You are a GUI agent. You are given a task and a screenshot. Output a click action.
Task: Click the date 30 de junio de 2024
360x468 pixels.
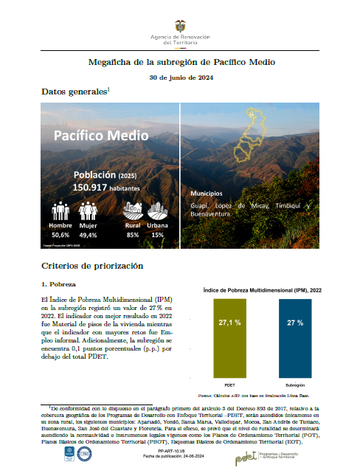coord(180,77)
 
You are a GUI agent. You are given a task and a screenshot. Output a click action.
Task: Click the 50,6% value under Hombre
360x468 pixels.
coord(60,235)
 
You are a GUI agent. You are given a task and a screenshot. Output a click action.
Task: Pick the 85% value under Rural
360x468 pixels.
coord(133,235)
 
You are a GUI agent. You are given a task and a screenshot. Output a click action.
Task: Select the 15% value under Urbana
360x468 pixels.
coord(157,235)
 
